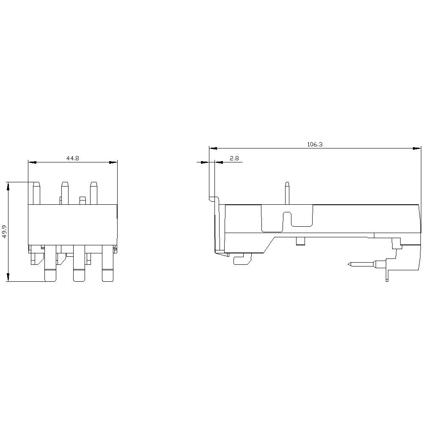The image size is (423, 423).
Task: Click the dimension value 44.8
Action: pyautogui.click(x=73, y=158)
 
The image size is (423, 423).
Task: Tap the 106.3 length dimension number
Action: pyautogui.click(x=315, y=144)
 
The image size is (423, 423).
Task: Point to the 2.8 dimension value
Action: pyautogui.click(x=234, y=158)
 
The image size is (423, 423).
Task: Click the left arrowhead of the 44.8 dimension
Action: pyautogui.click(x=32, y=162)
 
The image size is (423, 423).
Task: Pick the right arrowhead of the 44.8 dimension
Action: pyautogui.click(x=113, y=162)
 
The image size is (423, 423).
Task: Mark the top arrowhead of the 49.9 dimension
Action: pyautogui.click(x=8, y=186)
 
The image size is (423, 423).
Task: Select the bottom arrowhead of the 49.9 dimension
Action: pyautogui.click(x=8, y=277)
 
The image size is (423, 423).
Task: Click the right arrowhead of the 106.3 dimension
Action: pyautogui.click(x=417, y=148)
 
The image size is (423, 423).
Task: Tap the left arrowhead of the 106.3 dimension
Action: pyautogui.click(x=213, y=148)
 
